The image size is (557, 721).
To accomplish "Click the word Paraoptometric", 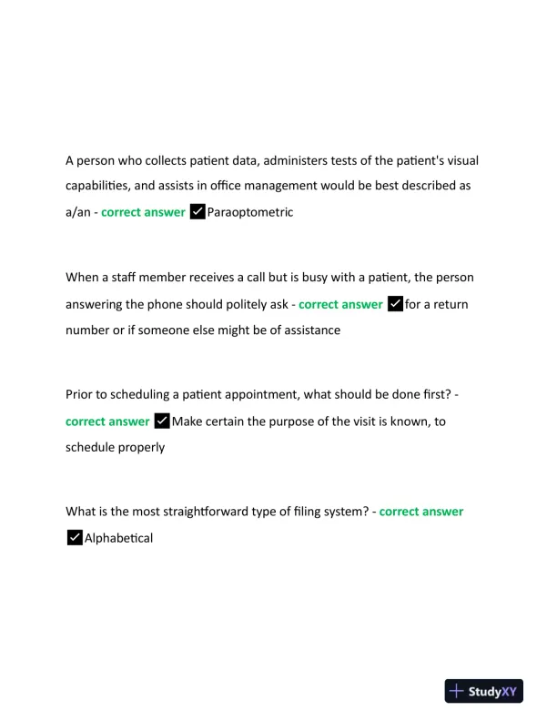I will (250, 212).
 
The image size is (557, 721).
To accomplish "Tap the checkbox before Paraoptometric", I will (197, 212).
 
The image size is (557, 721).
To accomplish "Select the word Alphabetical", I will (118, 538).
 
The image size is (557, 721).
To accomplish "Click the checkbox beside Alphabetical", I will (75, 538).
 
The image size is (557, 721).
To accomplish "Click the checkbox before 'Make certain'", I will (162, 421).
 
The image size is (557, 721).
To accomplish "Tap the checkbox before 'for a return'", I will (395, 304).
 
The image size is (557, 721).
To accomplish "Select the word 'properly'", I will (139, 447).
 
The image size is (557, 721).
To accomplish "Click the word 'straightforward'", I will (195, 512).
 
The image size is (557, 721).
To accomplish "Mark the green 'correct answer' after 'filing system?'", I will (421, 512).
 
